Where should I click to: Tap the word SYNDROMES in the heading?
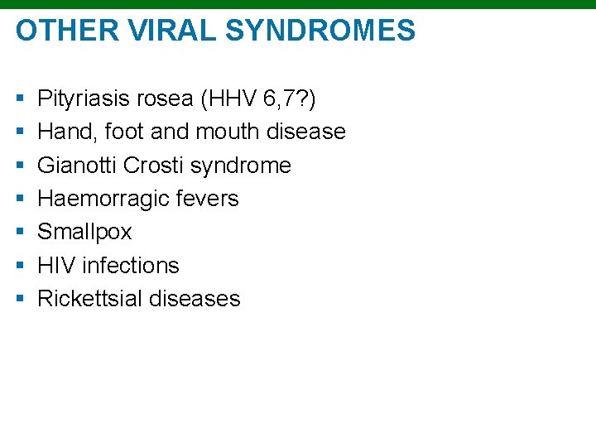click(x=320, y=31)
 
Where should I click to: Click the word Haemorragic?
click(x=104, y=199)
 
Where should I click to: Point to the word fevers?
click(x=208, y=199)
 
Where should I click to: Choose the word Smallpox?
click(x=84, y=232)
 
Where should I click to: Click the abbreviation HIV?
click(x=55, y=265)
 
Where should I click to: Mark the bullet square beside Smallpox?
click(x=19, y=233)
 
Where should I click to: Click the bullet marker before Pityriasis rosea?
click(x=19, y=100)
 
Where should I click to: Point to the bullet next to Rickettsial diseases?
click(x=19, y=299)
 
